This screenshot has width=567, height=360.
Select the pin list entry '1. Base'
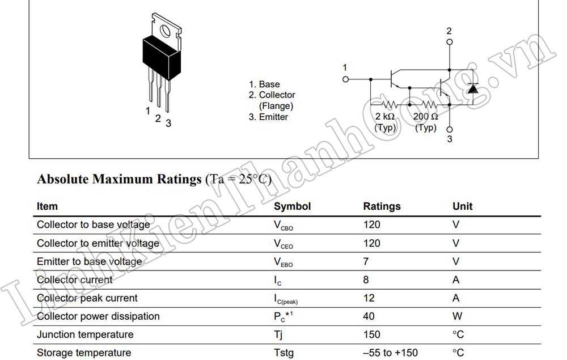click(264, 84)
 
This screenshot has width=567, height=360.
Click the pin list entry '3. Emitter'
click(268, 117)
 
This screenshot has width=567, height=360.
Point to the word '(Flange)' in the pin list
click(276, 106)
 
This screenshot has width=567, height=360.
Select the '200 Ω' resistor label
click(426, 117)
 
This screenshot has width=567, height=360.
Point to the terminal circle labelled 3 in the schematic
click(450, 129)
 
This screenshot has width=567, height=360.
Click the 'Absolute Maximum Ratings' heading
click(119, 179)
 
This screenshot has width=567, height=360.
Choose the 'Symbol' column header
click(292, 206)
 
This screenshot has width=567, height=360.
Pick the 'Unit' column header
click(462, 206)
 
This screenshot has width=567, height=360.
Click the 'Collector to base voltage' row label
click(94, 225)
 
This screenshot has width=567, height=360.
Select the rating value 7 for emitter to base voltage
click(366, 261)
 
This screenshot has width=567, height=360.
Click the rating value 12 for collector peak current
click(369, 298)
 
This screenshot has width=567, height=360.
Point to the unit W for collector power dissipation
click(457, 316)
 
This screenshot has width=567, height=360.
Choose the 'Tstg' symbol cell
click(284, 353)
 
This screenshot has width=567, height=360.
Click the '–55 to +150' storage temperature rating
click(391, 353)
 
